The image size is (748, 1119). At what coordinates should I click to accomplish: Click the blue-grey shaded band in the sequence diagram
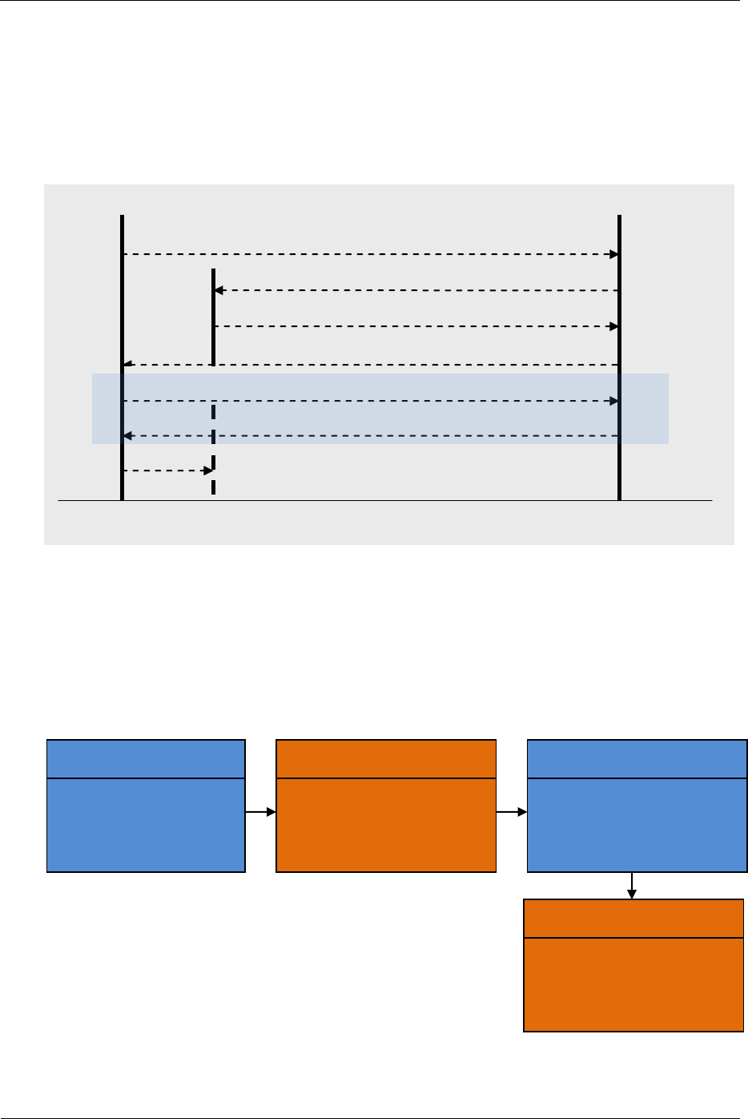(x=380, y=418)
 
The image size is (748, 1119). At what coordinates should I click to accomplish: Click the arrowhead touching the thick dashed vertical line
(x=207, y=471)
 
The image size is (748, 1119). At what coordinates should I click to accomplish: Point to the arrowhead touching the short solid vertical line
(x=219, y=290)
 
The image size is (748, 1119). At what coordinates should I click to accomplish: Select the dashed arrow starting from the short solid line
(x=416, y=326)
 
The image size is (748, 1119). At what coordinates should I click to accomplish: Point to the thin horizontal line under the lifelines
(x=384, y=501)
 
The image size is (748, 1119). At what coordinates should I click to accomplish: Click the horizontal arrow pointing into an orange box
(x=260, y=812)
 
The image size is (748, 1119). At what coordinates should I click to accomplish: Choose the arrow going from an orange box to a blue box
(x=512, y=812)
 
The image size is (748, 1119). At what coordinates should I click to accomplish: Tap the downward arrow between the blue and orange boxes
(x=632, y=886)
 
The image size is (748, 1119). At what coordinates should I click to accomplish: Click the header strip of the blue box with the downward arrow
(x=637, y=759)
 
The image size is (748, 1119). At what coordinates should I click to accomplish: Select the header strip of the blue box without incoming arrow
(x=146, y=759)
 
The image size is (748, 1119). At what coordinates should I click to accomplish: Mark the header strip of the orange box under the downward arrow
(x=633, y=919)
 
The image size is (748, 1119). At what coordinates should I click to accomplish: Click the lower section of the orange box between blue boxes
(x=385, y=825)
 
